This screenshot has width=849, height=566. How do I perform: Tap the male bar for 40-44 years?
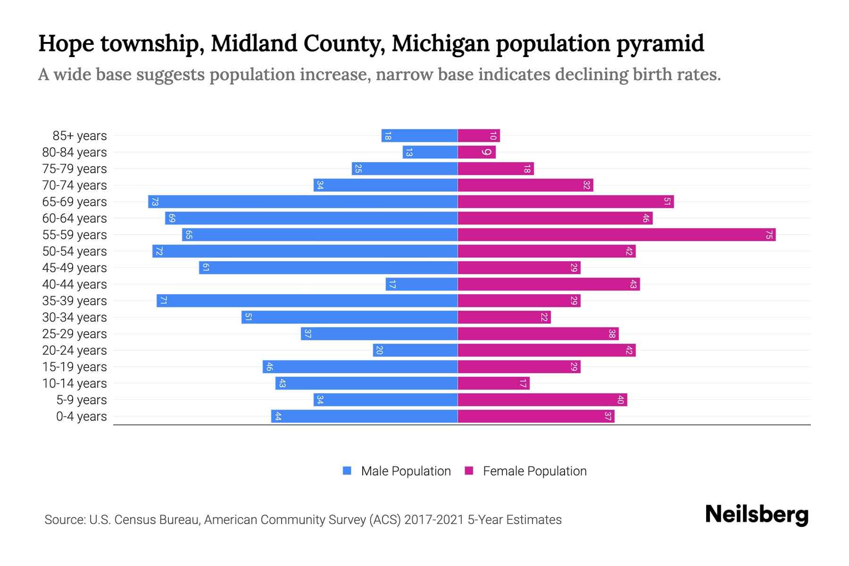click(x=422, y=284)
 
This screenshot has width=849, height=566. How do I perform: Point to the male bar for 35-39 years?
click(x=307, y=300)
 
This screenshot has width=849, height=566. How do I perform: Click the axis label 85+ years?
click(x=80, y=136)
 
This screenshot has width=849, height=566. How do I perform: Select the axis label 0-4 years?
click(x=81, y=416)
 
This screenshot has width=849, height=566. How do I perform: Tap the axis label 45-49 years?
click(x=75, y=268)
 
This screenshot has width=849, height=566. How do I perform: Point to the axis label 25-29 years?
click(x=75, y=334)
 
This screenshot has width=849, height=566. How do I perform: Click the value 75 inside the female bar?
click(x=769, y=234)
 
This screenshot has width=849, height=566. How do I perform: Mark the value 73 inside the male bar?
click(x=155, y=201)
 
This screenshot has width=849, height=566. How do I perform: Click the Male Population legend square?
click(x=347, y=471)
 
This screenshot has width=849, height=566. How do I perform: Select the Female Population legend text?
click(x=534, y=471)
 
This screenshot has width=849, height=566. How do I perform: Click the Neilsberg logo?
click(x=757, y=515)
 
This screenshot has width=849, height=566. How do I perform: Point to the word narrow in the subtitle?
click(x=404, y=75)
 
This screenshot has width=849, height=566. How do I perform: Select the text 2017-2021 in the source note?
click(x=434, y=520)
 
